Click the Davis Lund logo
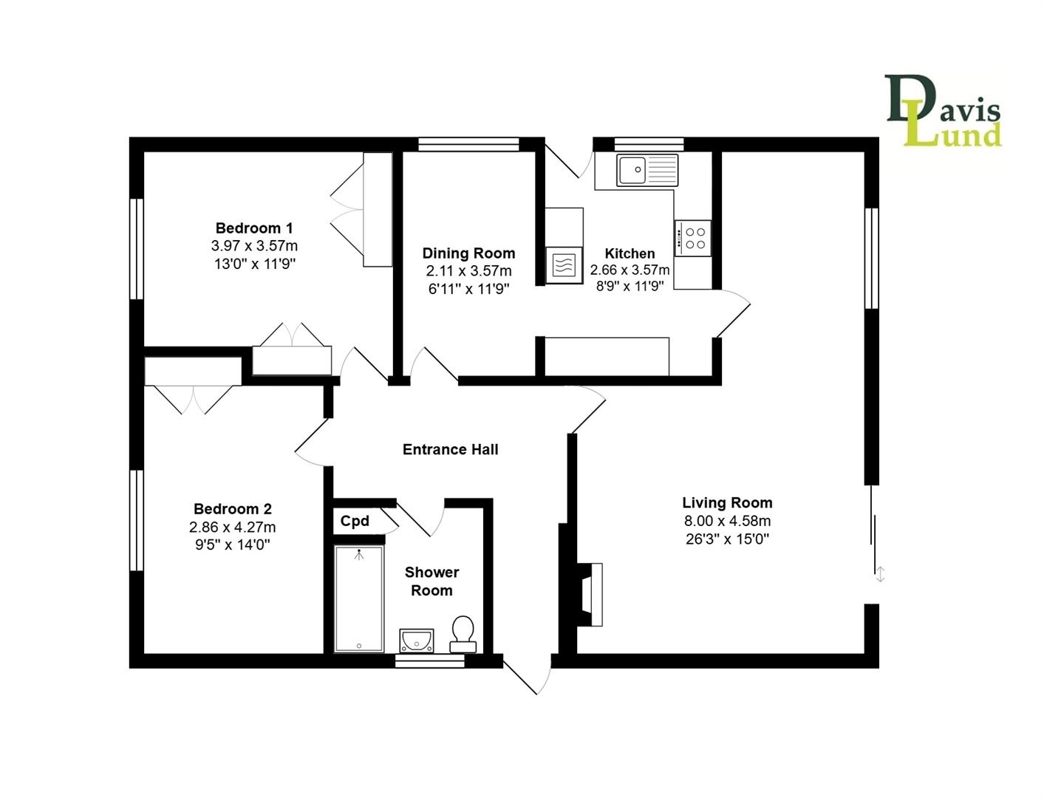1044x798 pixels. tap(942, 110)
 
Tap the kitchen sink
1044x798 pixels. tap(646, 170)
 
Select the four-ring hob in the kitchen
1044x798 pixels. tap(692, 238)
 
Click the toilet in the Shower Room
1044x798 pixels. tap(463, 634)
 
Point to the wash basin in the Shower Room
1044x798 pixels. tap(417, 640)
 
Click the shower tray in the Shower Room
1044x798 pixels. tap(358, 598)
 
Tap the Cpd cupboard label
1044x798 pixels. tap(355, 521)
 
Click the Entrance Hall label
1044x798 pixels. tap(451, 449)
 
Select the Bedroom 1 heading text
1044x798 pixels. tap(254, 228)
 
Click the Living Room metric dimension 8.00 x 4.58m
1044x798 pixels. tap(727, 521)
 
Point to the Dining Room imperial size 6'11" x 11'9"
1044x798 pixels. tap(469, 288)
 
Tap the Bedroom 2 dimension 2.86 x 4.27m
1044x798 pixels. tap(233, 527)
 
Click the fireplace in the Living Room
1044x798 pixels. tap(590, 594)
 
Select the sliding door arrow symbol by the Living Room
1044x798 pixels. tap(880, 574)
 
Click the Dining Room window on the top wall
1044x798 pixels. tap(468, 144)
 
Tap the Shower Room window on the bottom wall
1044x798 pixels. tap(429, 661)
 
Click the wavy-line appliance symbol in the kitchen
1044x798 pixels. tap(564, 265)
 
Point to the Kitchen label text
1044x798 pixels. tap(630, 253)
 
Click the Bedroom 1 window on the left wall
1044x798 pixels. tap(137, 249)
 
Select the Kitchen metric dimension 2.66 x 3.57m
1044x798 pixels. tap(630, 270)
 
